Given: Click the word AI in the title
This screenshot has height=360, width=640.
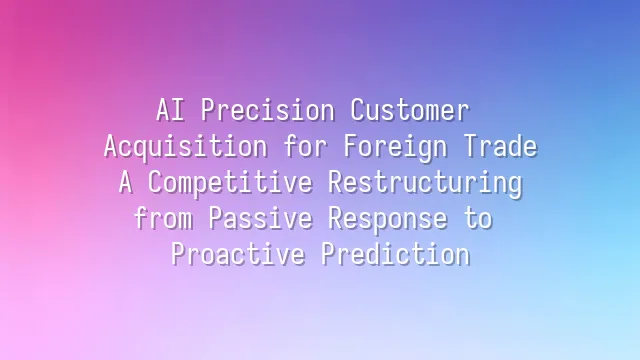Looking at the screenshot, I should click(169, 110).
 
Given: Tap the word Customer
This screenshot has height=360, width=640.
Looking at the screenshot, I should click(409, 110).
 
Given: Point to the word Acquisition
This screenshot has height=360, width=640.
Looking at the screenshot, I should click(186, 146).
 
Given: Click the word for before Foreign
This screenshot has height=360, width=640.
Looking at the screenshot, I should click(306, 146).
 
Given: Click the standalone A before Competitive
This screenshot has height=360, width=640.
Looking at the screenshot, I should click(125, 182).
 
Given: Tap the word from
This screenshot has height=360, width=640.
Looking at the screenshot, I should click(162, 218).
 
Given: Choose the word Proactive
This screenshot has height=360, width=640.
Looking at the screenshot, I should click(238, 254).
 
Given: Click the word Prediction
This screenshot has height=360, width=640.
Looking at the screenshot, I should click(395, 254).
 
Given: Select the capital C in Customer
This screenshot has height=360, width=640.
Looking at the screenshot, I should click(357, 110).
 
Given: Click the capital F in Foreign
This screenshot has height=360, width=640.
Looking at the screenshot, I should click(349, 146).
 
